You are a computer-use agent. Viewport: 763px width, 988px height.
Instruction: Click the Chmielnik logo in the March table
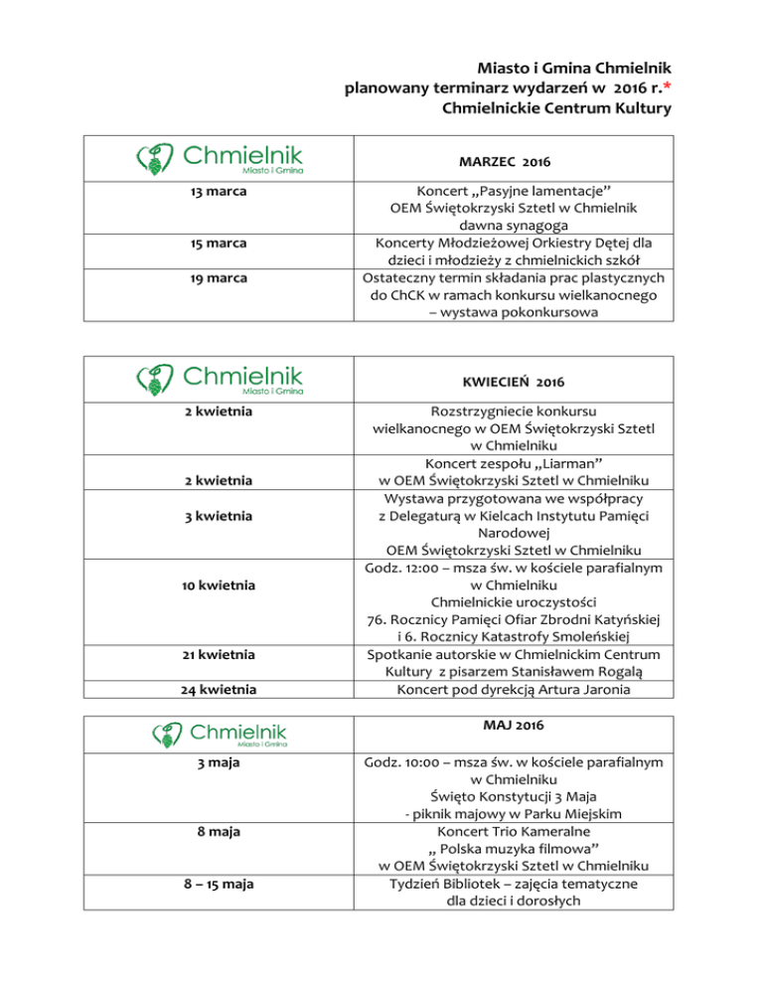coord(220,159)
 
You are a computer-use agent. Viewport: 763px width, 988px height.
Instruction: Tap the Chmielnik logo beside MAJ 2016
coord(220,736)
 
